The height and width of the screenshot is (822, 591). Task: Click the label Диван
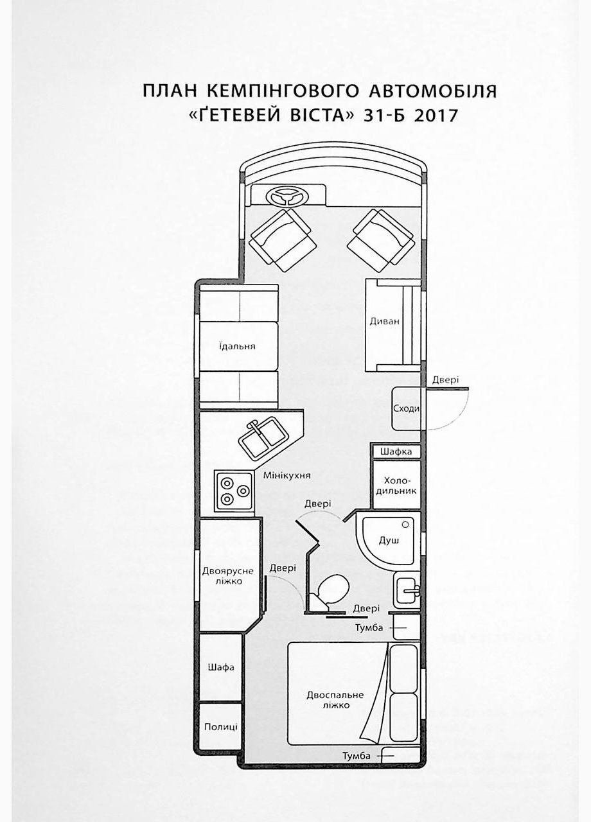[384, 322]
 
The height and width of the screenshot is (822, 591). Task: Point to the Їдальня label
[237, 346]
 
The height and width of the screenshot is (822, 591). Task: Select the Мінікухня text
[287, 476]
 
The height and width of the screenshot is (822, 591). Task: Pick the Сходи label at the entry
[406, 408]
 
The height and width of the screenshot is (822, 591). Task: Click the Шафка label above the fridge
[396, 451]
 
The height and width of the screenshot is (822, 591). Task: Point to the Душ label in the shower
[389, 540]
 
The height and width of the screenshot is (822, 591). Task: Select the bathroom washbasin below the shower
[408, 590]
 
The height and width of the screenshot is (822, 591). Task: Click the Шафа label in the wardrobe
[220, 667]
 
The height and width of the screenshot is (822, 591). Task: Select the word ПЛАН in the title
[170, 92]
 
